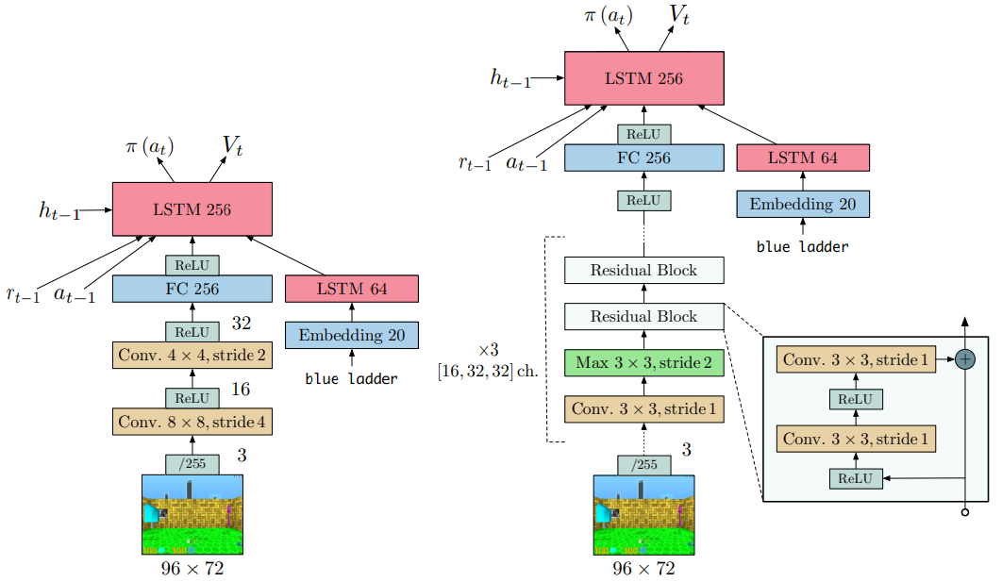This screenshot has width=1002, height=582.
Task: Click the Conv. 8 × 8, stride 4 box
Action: [x=192, y=422]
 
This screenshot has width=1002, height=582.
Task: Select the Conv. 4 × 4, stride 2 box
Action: [x=192, y=356]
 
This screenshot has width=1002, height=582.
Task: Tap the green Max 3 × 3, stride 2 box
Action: [x=643, y=362]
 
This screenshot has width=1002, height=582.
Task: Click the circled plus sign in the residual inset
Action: [x=964, y=359]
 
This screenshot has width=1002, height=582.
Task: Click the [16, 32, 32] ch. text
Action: [x=486, y=370]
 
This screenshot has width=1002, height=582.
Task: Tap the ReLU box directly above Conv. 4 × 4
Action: [x=192, y=332]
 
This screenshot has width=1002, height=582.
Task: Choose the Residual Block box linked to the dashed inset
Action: [x=643, y=316]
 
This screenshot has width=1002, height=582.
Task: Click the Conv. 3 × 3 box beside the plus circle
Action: [x=856, y=359]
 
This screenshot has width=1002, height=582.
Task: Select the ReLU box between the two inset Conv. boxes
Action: [x=856, y=399]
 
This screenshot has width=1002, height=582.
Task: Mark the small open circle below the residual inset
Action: [x=964, y=512]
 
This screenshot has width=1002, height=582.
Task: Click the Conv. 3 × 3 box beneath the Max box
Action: [x=643, y=408]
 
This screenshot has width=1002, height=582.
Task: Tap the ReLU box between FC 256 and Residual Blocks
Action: [x=643, y=200]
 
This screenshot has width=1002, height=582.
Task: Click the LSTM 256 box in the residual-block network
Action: [x=643, y=78]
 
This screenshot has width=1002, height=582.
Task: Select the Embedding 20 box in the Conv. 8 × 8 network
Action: [x=351, y=335]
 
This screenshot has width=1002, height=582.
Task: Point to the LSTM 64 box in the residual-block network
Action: [x=802, y=158]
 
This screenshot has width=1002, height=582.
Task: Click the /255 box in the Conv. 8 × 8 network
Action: [x=192, y=464]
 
